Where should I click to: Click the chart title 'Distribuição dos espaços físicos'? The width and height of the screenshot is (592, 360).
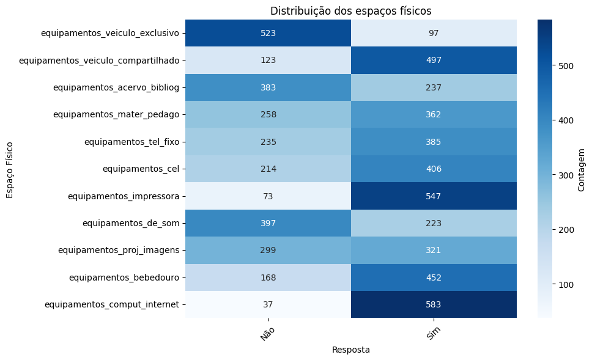(350, 11)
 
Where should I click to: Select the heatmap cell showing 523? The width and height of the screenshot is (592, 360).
(268, 33)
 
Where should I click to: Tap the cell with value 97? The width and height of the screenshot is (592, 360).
(434, 33)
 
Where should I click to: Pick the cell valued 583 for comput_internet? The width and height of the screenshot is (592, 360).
(434, 304)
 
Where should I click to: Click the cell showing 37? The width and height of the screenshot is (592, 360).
(268, 304)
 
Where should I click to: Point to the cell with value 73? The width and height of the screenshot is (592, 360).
(268, 196)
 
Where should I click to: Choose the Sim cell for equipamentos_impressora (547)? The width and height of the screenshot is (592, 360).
(434, 196)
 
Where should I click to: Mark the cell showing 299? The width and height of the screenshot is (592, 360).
(268, 250)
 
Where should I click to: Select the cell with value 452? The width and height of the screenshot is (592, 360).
(434, 277)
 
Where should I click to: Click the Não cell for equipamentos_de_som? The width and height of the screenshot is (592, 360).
(268, 223)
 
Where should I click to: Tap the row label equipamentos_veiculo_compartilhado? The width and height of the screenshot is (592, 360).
(99, 60)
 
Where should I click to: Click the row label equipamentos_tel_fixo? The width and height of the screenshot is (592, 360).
(131, 142)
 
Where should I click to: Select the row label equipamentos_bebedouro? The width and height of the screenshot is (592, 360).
(124, 277)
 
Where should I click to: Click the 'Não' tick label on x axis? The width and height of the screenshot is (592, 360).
(267, 332)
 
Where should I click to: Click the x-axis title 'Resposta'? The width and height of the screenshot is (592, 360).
(350, 350)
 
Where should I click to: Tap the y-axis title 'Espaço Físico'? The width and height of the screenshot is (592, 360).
(10, 169)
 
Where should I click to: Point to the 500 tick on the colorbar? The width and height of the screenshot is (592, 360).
(566, 66)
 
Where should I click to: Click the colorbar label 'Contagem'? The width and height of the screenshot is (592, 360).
(581, 169)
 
